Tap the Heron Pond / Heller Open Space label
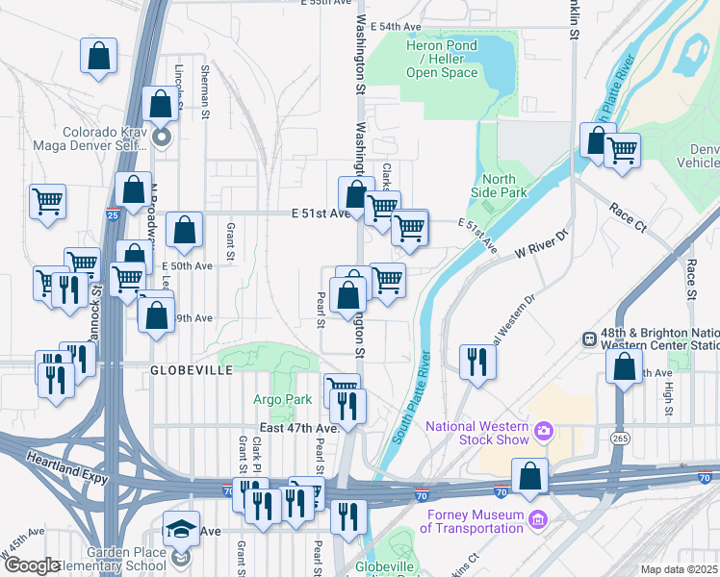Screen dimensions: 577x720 [442, 59]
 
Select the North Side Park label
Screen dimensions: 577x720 [500, 186]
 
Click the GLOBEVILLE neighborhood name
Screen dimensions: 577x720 [192, 369]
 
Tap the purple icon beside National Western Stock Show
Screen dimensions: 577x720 [544, 430]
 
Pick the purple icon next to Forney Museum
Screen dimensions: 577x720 [538, 520]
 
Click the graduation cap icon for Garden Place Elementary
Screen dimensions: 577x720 [180, 531]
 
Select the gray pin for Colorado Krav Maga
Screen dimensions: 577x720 [162, 138]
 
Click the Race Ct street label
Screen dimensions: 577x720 [627, 220]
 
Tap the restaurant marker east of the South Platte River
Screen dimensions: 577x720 [476, 363]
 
